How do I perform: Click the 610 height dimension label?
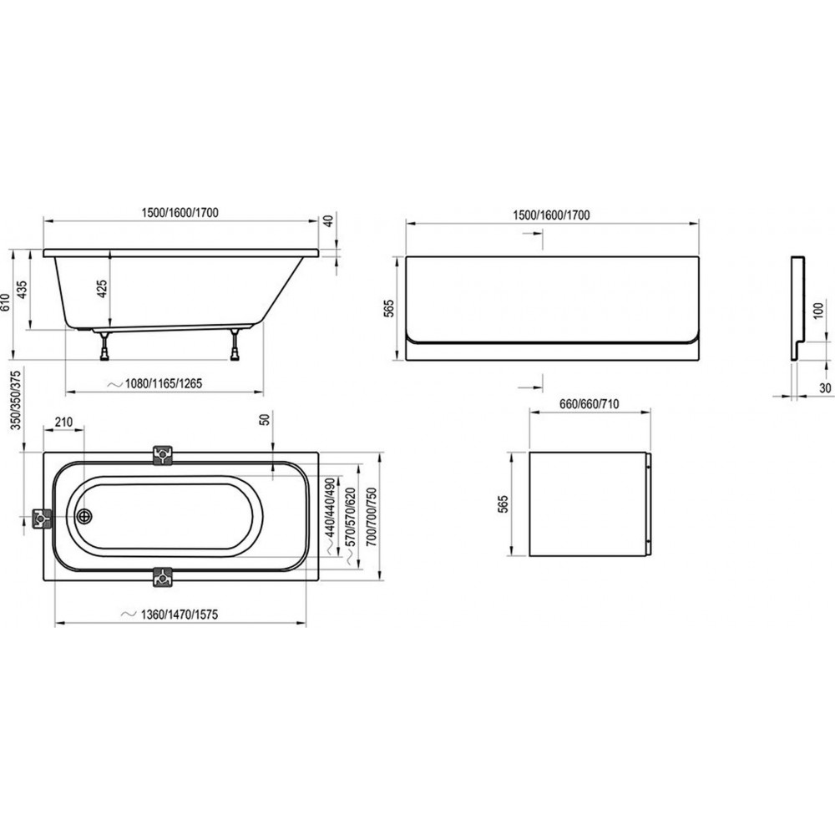click(6, 306)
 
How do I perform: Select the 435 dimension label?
click(23, 290)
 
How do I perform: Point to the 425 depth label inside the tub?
click(102, 289)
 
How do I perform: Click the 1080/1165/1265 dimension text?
click(164, 383)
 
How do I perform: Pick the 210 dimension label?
click(63, 423)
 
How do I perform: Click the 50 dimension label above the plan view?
click(264, 419)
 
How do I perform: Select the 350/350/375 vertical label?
click(17, 401)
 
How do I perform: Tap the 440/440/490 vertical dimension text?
click(330, 507)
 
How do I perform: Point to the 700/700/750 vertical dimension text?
click(372, 517)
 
